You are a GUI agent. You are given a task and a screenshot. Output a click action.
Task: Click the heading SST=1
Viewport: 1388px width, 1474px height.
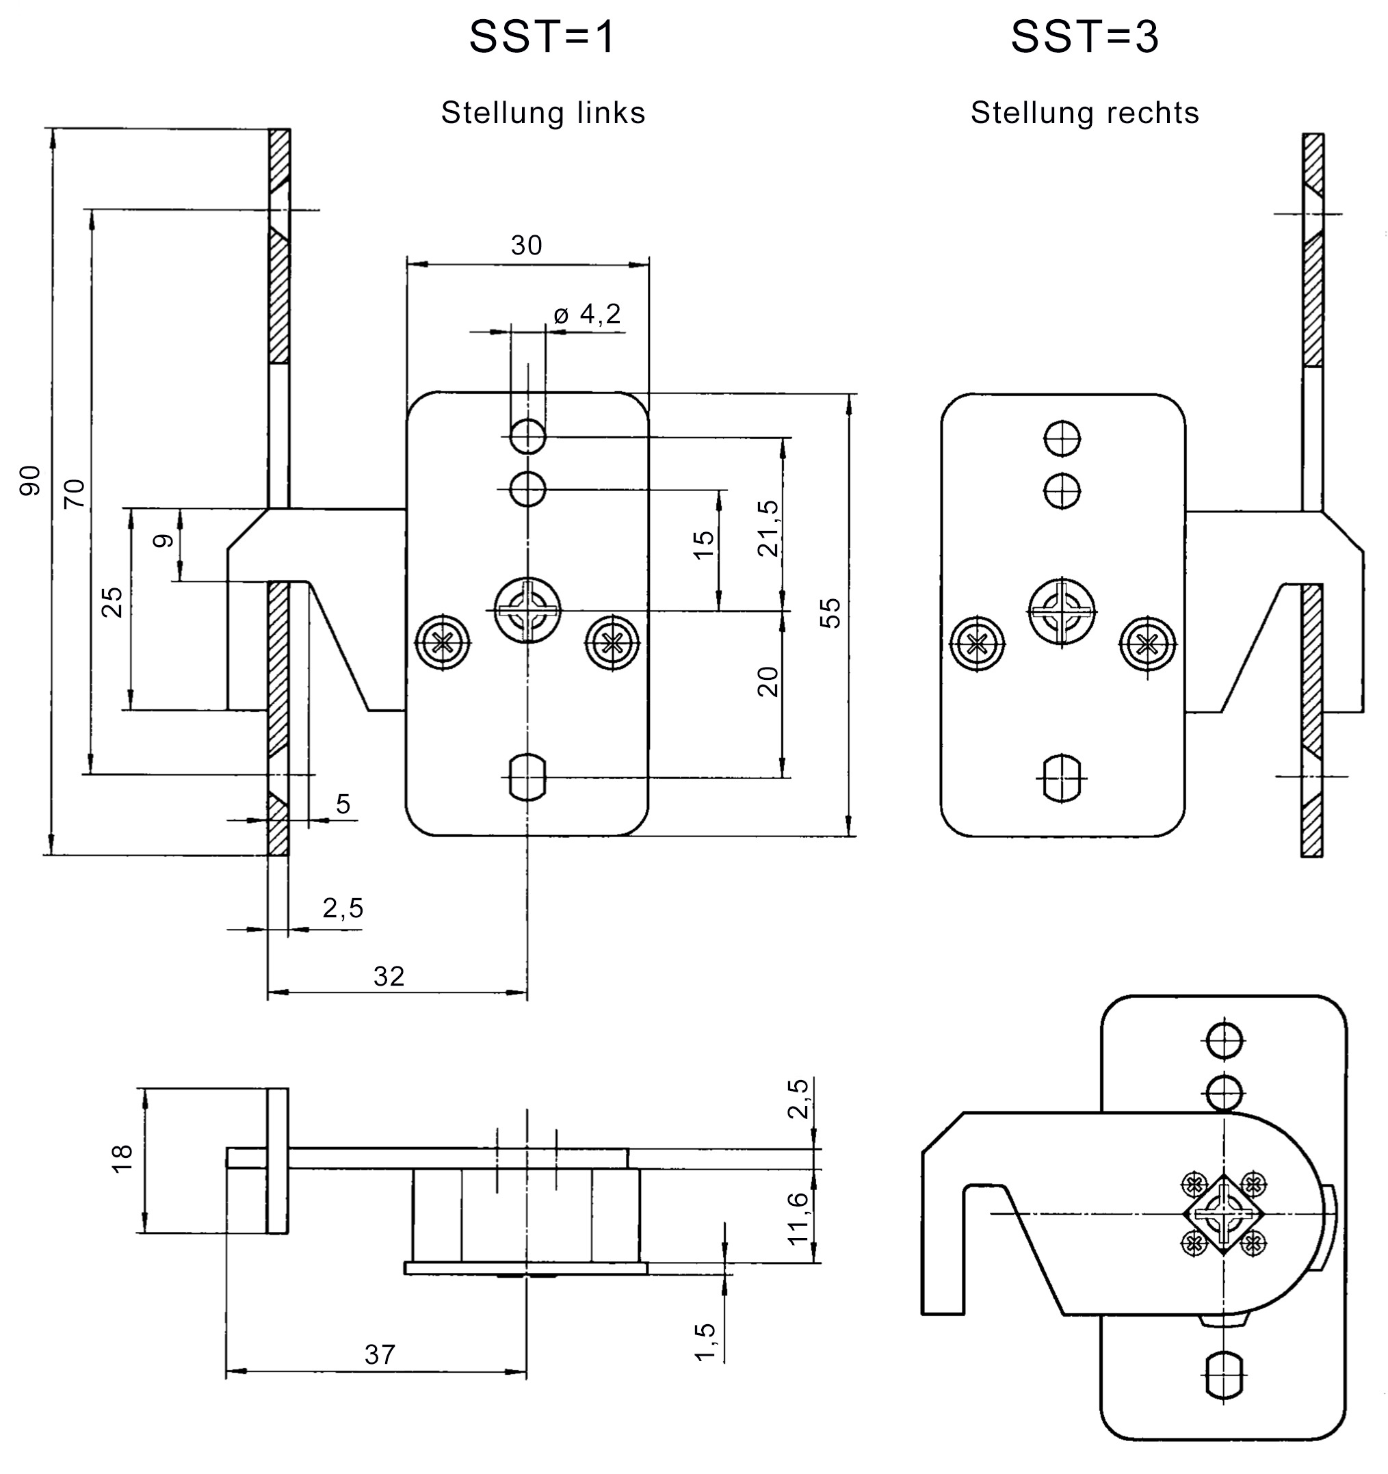tap(542, 37)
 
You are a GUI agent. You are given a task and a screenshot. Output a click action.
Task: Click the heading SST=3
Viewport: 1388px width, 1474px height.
tap(1084, 37)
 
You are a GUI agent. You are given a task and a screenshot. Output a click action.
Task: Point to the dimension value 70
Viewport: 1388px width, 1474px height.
tap(75, 494)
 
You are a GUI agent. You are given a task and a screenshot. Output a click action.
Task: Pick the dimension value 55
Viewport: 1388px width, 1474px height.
tap(831, 612)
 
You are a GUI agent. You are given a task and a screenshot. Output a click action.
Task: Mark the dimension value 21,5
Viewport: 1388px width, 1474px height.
tap(769, 529)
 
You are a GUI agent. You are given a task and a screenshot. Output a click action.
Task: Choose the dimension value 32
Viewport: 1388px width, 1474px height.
tap(389, 977)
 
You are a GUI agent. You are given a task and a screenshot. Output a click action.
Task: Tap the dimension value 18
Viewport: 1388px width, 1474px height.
tap(122, 1157)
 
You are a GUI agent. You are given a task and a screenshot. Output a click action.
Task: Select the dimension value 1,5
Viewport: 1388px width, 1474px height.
tap(705, 1341)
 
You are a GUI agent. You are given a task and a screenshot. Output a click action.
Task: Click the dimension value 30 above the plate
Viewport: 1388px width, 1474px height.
tap(527, 246)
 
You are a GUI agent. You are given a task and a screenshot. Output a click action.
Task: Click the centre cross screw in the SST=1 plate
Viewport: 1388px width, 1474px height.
tap(527, 610)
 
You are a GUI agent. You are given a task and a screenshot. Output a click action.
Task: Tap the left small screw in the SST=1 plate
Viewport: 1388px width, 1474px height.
tap(443, 642)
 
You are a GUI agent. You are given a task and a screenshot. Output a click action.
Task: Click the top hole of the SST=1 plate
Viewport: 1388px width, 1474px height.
tap(527, 436)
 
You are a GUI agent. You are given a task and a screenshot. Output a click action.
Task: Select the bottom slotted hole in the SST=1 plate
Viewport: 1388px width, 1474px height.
tap(527, 778)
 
